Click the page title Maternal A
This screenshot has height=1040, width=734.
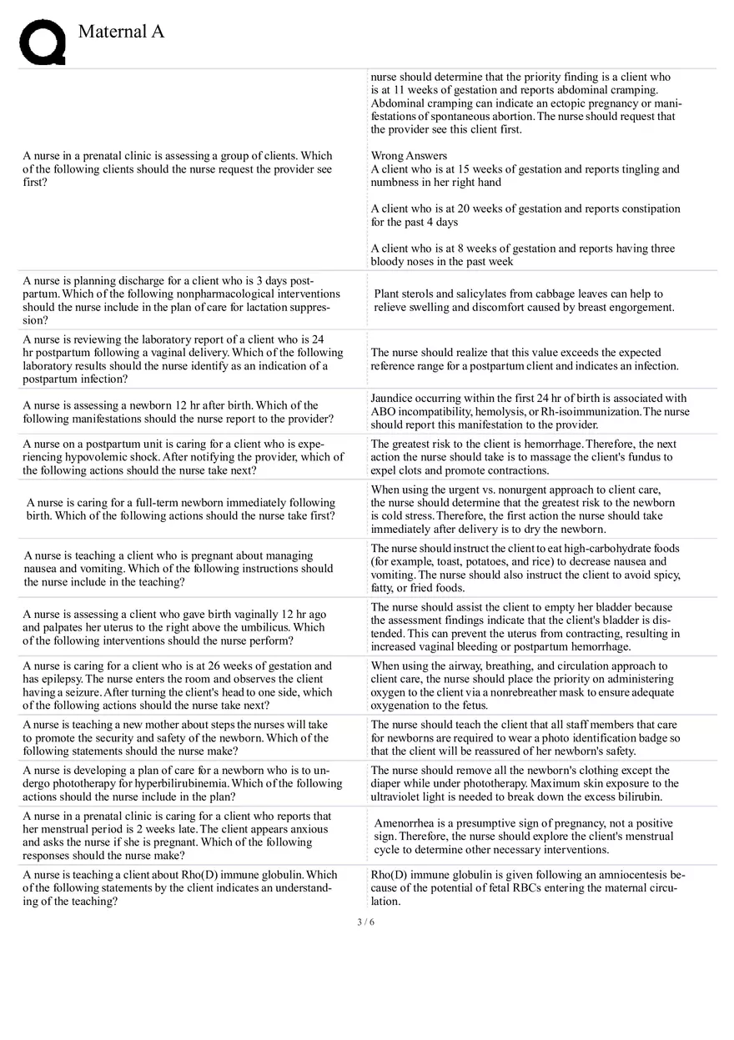tap(121, 32)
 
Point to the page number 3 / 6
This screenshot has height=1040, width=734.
tap(365, 922)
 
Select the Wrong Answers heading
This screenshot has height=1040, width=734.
tap(409, 156)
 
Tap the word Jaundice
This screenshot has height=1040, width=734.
tap(393, 399)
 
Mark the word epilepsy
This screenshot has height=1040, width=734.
tap(58, 680)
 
